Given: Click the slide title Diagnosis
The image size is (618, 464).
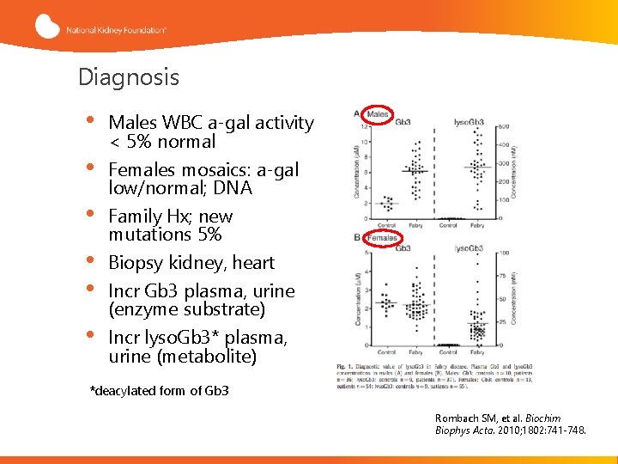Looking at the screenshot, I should [x=129, y=77].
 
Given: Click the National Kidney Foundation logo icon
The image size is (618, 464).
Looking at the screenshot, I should [x=48, y=27].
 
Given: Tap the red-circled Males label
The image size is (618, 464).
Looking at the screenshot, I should [x=375, y=114].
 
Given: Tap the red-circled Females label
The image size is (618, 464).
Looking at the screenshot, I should [x=380, y=237].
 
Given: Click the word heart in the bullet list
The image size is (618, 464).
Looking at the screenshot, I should [x=253, y=263].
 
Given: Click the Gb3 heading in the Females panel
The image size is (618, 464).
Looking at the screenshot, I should [x=403, y=247].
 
